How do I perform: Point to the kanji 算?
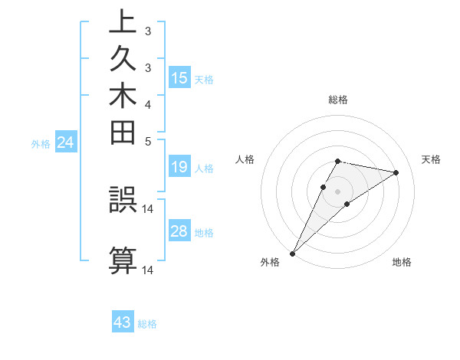click(123, 260)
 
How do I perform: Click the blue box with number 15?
click(179, 77)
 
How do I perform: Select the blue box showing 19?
click(179, 167)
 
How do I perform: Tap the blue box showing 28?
click(179, 231)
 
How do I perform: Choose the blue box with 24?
click(66, 142)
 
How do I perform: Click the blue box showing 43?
click(123, 322)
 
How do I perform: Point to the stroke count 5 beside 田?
click(148, 141)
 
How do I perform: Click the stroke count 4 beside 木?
click(148, 104)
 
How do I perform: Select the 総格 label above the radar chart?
click(338, 100)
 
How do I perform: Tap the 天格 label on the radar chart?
click(432, 159)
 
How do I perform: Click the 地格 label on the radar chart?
click(402, 263)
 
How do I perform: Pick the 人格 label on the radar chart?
click(245, 159)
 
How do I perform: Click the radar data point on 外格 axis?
click(293, 253)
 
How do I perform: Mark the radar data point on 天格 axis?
click(396, 172)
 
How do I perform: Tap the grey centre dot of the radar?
click(338, 191)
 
